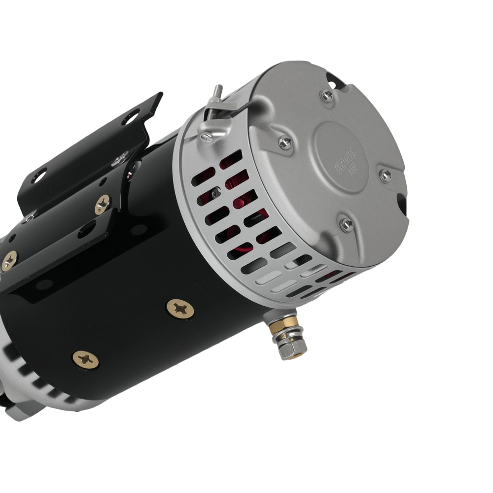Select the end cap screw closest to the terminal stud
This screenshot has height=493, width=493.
pos(347,224)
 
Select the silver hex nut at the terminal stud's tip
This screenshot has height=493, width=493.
pos(286,352)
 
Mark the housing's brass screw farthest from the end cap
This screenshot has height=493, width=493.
pos(85,358)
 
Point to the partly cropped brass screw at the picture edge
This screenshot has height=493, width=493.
pos(8,260)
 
